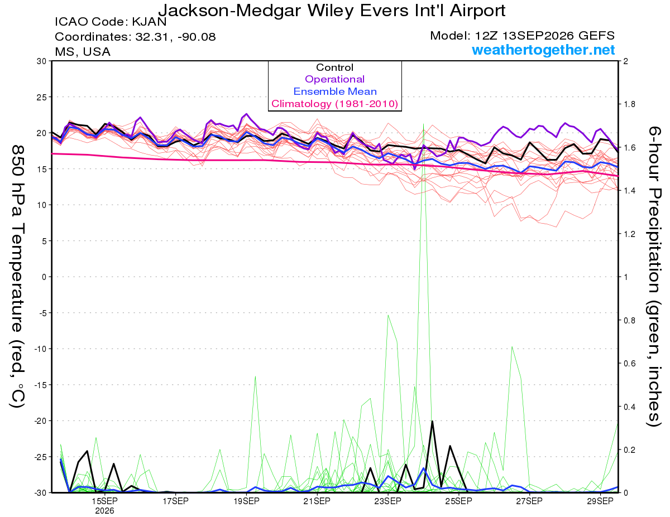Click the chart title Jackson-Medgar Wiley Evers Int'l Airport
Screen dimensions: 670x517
[x=332, y=11]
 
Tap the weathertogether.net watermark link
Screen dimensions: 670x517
[x=543, y=50]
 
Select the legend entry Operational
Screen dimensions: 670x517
[x=334, y=79]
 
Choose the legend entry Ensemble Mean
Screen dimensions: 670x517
[x=335, y=91]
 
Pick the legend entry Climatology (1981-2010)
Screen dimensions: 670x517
[x=334, y=104]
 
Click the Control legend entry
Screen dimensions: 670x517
[x=334, y=67]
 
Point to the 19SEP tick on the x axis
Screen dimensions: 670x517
[x=246, y=501]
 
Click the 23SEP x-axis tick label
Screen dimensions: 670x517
[x=388, y=501]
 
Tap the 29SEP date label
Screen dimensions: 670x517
[x=600, y=501]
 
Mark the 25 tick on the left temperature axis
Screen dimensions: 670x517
[x=41, y=97]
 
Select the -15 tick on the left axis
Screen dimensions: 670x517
[x=40, y=385]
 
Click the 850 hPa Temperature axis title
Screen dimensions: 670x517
[x=18, y=277]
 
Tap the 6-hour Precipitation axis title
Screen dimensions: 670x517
[x=653, y=276]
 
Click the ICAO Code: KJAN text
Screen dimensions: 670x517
[x=111, y=22]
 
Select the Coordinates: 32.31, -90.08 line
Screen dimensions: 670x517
[x=135, y=37]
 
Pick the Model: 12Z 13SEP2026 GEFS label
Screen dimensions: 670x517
[x=522, y=36]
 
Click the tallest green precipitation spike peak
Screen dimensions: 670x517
[x=423, y=124]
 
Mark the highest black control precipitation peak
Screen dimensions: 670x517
[x=432, y=421]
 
